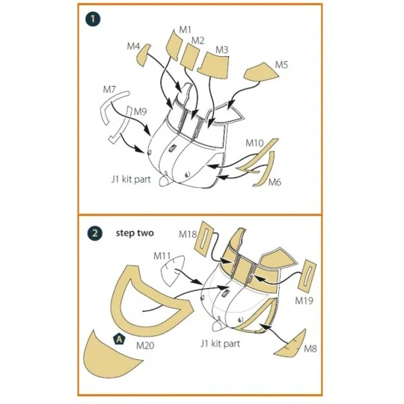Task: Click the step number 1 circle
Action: tap(93, 19)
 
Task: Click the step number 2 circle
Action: tap(95, 233)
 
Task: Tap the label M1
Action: tap(186, 30)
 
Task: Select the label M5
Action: tap(281, 64)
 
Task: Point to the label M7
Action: tap(109, 90)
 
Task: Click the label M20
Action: tap(145, 345)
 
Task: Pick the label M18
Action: tap(188, 234)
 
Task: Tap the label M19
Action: tap(304, 301)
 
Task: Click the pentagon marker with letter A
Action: tap(119, 340)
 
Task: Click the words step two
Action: tap(135, 233)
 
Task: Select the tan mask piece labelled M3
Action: tap(213, 65)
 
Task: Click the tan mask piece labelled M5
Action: tap(261, 71)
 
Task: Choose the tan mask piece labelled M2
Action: tap(190, 57)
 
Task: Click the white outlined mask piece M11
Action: tap(173, 270)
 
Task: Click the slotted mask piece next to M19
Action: tap(307, 275)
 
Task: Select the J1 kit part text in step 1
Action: tap(131, 180)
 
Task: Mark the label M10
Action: tap(254, 143)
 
